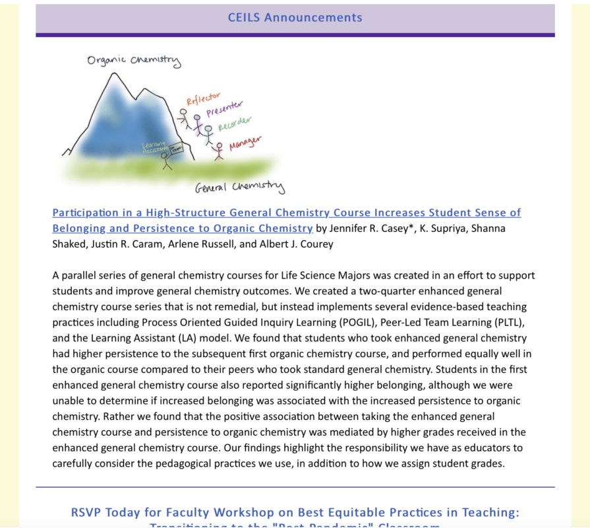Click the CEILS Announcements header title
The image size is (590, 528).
pyautogui.click(x=295, y=18)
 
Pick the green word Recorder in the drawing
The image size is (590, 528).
pyautogui.click(x=235, y=124)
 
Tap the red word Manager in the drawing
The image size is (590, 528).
pyautogui.click(x=245, y=142)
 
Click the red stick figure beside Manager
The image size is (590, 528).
pyautogui.click(x=218, y=151)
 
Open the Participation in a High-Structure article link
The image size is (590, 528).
pyautogui.click(x=286, y=213)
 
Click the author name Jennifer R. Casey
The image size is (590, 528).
pyautogui.click(x=374, y=229)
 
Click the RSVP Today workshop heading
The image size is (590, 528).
pyautogui.click(x=295, y=513)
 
